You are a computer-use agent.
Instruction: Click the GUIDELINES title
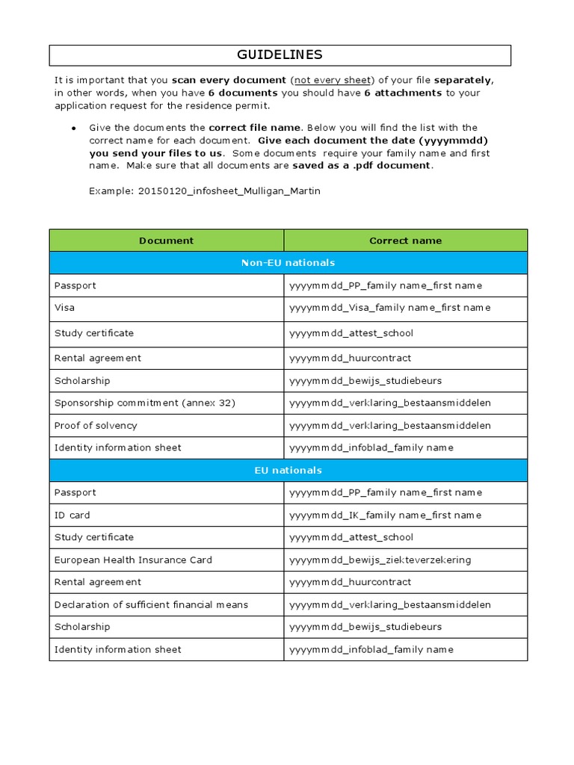[280, 55]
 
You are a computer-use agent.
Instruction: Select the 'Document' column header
[166, 241]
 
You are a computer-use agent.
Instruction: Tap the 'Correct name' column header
[405, 241]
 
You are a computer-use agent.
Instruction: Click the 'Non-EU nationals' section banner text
[288, 263]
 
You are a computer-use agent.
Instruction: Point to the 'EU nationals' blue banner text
[288, 471]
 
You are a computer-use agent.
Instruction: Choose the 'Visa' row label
[64, 308]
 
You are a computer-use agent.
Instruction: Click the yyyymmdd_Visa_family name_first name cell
[389, 308]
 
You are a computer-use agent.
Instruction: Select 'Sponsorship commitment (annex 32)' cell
[144, 403]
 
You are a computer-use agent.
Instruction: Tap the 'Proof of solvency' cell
[96, 425]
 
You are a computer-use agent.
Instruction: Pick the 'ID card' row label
[72, 515]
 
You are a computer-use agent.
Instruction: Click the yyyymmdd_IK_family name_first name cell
[385, 515]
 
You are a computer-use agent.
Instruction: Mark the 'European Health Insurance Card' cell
[133, 560]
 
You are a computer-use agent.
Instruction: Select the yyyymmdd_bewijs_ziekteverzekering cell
[380, 560]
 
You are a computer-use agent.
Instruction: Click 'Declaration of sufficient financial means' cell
[151, 604]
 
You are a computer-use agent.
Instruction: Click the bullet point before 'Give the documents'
[73, 128]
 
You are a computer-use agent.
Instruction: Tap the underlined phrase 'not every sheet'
[332, 80]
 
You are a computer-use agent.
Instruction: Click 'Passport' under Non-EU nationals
[75, 285]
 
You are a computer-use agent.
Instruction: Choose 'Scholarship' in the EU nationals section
[81, 627]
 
